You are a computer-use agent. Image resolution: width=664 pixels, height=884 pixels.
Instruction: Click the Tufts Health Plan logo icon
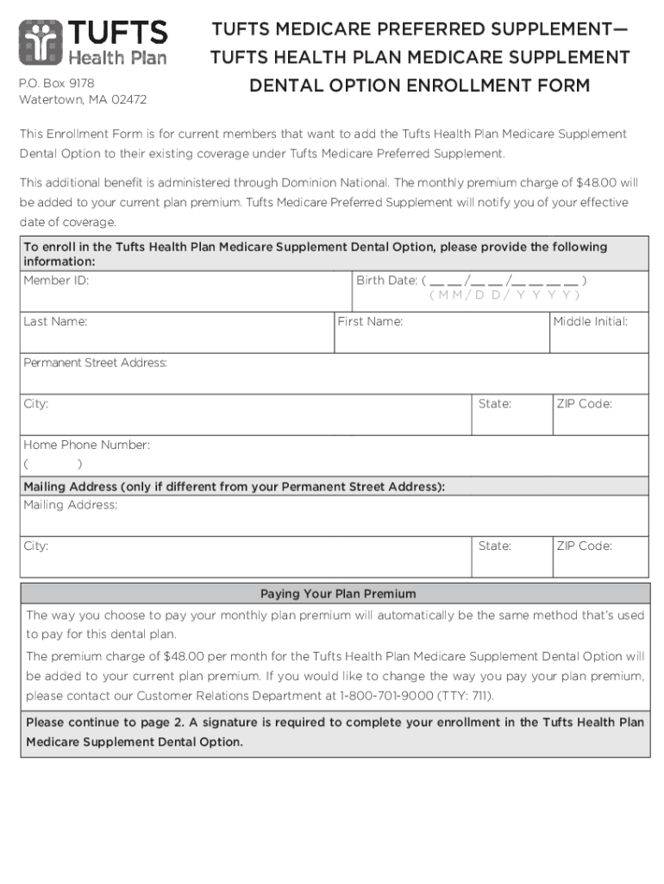(x=39, y=41)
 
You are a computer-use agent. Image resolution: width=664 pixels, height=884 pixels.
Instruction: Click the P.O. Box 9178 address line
(x=57, y=83)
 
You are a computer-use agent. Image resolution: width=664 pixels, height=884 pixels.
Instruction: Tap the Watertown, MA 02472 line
(x=83, y=99)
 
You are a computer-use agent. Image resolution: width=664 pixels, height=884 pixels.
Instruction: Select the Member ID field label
(x=56, y=281)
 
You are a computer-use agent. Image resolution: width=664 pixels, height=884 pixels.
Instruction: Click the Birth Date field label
(x=386, y=281)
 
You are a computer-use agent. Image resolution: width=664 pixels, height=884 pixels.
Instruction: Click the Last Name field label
(x=55, y=322)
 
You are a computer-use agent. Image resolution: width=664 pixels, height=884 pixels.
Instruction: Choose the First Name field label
(x=370, y=322)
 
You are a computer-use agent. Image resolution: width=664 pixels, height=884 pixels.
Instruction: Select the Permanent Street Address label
(x=95, y=363)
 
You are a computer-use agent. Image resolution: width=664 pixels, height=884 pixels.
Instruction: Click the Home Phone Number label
(x=86, y=445)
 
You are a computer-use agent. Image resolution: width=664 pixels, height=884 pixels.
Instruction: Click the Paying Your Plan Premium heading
(x=338, y=594)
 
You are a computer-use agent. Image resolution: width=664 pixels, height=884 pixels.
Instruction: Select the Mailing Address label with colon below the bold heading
(x=71, y=505)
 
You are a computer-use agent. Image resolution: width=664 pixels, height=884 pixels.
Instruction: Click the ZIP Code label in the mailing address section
(x=584, y=546)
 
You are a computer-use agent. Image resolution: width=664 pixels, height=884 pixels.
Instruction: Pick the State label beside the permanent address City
(x=495, y=404)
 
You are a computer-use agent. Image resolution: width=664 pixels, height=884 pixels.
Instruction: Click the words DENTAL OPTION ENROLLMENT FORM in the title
(x=420, y=85)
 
